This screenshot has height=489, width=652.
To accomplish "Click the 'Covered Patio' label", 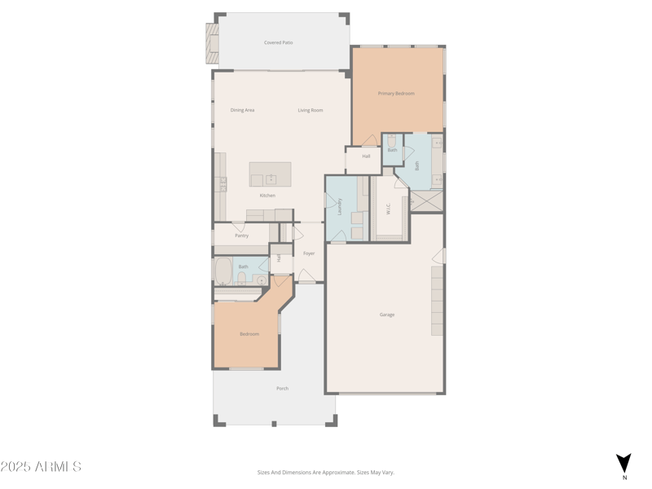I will coord(278,42).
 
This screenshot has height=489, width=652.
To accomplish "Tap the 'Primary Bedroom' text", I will coord(396,94).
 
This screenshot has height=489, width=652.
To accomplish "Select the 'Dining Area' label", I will coord(242,110).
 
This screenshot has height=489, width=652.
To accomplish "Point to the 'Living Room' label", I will coord(310,110).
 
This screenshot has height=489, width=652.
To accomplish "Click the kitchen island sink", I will coord(271,179).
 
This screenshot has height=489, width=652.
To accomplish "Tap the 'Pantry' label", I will coord(241,236).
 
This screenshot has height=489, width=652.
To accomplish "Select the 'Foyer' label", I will coord(309,253).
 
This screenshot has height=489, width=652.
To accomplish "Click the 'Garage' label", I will coord(387,315).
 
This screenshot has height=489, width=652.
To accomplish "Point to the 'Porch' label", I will coord(282,389).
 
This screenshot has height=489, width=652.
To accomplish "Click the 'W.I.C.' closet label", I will coord(388,209).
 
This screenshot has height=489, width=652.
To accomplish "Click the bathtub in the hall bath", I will coord(223,271).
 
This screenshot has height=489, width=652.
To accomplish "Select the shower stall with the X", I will coord(427,200).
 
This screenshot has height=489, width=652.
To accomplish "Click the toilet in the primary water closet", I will coord(392,141).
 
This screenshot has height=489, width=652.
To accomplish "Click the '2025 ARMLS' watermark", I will coord(41,467).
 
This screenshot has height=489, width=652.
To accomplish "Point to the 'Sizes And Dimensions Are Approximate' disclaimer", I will coord(325,472).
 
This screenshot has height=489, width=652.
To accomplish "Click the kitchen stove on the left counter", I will coord(221,185).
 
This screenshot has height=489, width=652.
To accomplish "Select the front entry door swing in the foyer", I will coord(306,275).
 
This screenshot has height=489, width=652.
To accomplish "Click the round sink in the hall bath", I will coord(261,280).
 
